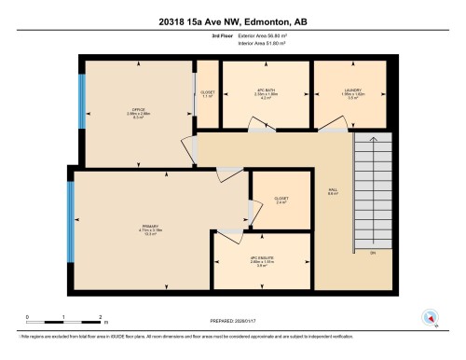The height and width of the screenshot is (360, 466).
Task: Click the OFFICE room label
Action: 137,109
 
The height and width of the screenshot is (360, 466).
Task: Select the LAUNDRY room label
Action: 351,90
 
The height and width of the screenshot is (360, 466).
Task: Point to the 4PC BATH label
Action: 267,90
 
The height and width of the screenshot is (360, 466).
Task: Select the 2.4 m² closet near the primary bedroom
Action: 281,200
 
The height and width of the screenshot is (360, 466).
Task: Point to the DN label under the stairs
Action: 373,253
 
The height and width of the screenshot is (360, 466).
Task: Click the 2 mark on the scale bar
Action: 100,317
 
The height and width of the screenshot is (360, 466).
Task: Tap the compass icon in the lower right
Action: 430,315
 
